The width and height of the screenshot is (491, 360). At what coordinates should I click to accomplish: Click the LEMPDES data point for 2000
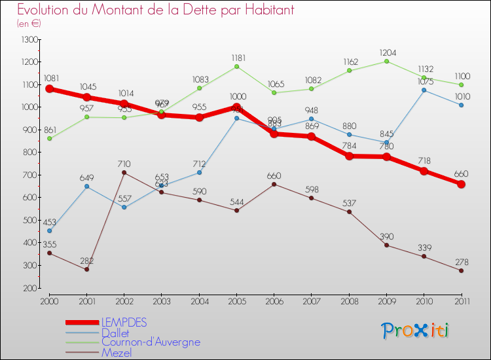[50, 89]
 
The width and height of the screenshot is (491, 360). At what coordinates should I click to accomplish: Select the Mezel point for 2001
[86, 269]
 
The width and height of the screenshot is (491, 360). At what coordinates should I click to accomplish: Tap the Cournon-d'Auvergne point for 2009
[387, 61]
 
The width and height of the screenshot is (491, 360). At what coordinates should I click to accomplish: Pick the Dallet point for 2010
[424, 90]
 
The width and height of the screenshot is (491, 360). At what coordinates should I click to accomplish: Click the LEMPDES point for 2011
[462, 184]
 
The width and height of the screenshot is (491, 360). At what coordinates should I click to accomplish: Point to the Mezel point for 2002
[124, 173]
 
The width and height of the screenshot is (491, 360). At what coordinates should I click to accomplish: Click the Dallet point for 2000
[50, 230]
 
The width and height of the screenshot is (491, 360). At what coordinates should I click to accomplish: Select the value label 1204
[387, 51]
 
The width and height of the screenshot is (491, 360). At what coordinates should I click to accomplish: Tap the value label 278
[462, 261]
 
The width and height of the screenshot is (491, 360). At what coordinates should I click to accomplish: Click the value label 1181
[238, 57]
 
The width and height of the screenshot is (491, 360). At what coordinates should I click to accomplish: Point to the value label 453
[50, 221]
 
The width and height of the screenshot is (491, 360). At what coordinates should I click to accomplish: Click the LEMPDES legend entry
[124, 322]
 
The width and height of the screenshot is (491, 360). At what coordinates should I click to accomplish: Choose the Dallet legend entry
[115, 333]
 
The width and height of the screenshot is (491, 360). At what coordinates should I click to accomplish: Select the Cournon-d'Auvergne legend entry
[151, 342]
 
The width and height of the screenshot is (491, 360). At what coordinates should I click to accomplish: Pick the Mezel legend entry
[116, 353]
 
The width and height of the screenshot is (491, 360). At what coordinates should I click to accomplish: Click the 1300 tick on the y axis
[29, 40]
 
